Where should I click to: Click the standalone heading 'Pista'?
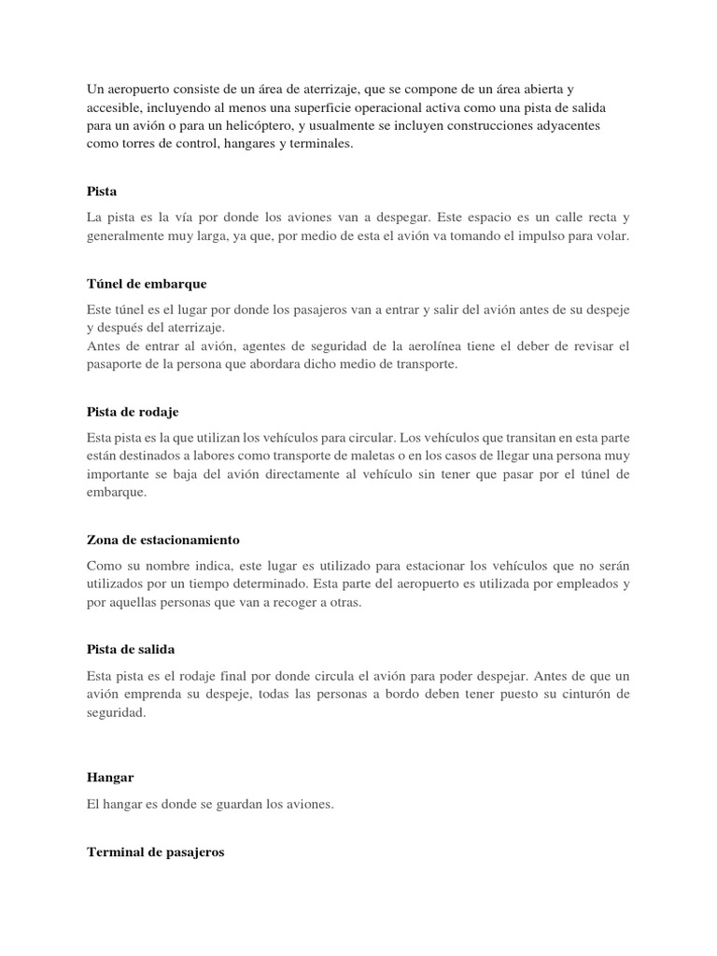point(101,191)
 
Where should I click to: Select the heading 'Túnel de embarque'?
point(146,283)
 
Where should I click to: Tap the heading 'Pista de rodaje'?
point(132,411)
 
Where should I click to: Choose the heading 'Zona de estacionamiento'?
point(163,540)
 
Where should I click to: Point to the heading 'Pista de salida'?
point(131,649)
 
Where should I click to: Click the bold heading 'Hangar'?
point(110,777)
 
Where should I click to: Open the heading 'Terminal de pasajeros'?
point(155,853)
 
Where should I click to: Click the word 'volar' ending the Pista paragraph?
point(612,236)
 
